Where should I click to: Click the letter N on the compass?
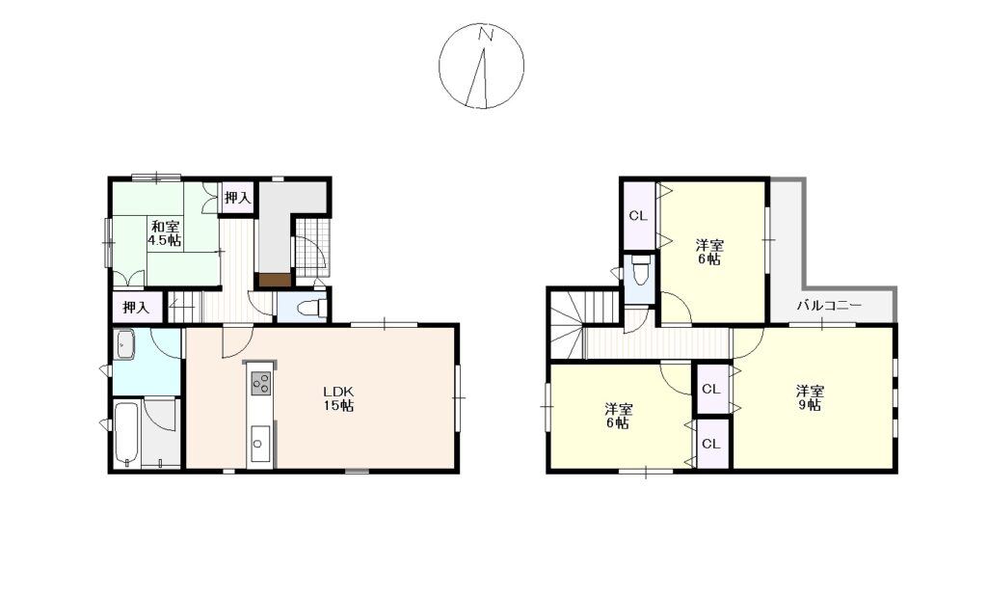tap(485, 35)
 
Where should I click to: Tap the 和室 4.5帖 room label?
tap(164, 233)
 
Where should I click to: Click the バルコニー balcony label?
tap(829, 307)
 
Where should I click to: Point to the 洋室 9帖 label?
tap(810, 397)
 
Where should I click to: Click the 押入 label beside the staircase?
tap(136, 308)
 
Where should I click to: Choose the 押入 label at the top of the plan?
tap(238, 199)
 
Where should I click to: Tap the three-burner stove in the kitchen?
tap(261, 384)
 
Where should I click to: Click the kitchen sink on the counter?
tap(259, 444)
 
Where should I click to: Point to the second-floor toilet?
tap(640, 269)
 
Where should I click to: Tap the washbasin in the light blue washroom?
tap(125, 345)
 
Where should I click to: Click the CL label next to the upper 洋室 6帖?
tap(638, 216)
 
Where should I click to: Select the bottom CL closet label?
tap(711, 444)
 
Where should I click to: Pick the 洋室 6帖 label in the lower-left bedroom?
tap(619, 416)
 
